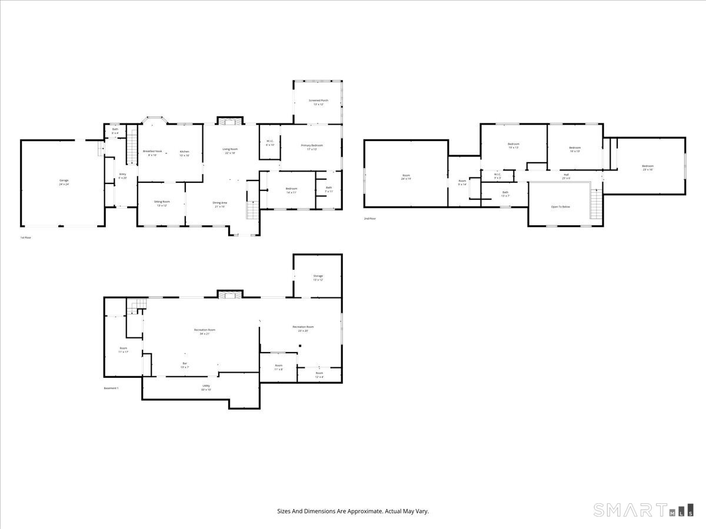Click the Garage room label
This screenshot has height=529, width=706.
click(64, 180)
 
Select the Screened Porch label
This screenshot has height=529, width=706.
click(318, 101)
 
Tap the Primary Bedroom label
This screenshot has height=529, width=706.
click(312, 145)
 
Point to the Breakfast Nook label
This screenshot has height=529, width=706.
click(152, 152)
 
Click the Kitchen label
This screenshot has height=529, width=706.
click(184, 152)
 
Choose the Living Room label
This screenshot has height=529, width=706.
click(229, 149)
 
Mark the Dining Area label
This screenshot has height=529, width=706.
click(220, 203)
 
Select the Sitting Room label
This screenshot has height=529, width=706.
click(162, 202)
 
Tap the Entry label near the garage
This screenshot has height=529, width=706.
click(122, 174)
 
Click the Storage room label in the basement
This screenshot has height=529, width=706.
click(318, 276)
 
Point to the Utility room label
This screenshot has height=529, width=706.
click(206, 386)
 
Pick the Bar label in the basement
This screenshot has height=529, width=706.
click(185, 363)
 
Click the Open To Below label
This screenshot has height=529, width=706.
click(560, 207)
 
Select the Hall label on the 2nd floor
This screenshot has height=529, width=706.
click(566, 175)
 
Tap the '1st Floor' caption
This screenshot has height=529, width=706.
click(26, 237)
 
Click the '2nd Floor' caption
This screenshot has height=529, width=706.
click(369, 219)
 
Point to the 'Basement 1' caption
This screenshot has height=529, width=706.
click(111, 388)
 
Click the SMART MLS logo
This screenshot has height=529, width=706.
click(643, 510)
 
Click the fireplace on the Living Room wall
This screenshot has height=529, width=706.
click(229, 121)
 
